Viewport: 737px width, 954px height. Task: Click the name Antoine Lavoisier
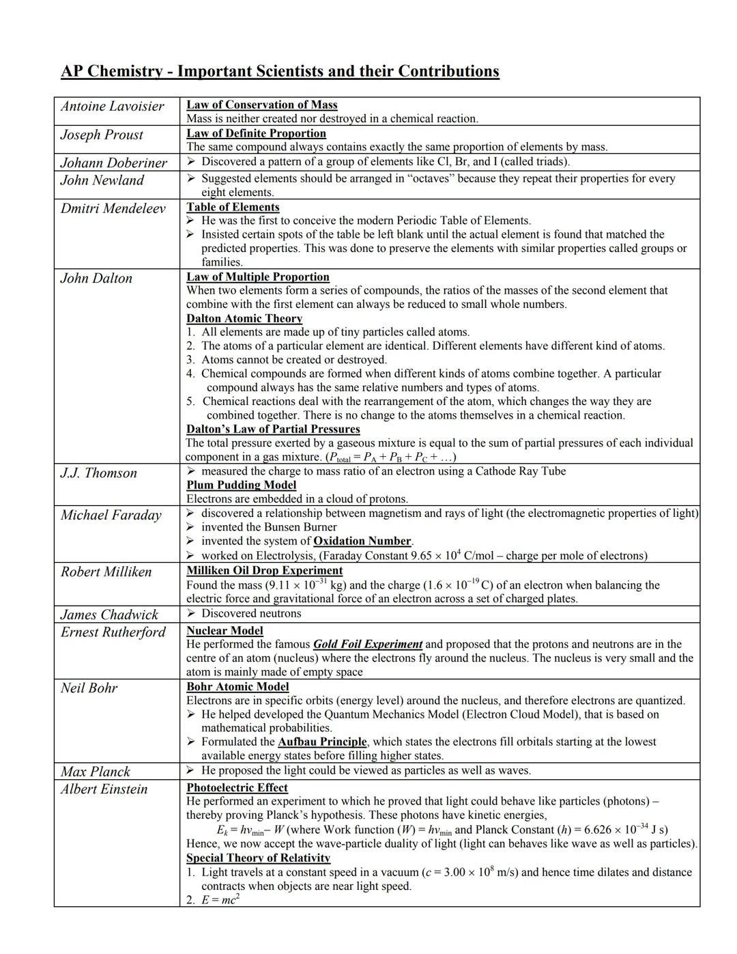tap(112, 107)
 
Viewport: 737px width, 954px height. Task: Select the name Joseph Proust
tap(102, 135)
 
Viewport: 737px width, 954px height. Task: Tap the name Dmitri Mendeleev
tap(113, 208)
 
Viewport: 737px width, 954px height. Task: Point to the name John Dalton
tap(96, 279)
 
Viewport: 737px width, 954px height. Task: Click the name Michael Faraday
tap(111, 516)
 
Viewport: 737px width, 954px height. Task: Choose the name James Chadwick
tap(109, 615)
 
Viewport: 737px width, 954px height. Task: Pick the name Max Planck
tap(95, 772)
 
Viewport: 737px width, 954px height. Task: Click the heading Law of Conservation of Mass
tap(262, 104)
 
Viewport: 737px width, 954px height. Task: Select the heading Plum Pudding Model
tap(242, 485)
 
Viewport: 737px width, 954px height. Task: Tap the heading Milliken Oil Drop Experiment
tap(265, 570)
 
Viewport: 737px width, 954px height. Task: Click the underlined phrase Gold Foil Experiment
tap(368, 644)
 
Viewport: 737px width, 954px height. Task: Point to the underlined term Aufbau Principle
tap(322, 742)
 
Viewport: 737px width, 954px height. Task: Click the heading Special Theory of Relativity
tap(258, 858)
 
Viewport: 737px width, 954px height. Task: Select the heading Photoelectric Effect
tap(237, 787)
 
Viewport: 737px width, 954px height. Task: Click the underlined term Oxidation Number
tap(362, 541)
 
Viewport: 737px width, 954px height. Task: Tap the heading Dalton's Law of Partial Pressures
tap(273, 429)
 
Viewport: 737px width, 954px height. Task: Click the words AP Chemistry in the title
tap(112, 72)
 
